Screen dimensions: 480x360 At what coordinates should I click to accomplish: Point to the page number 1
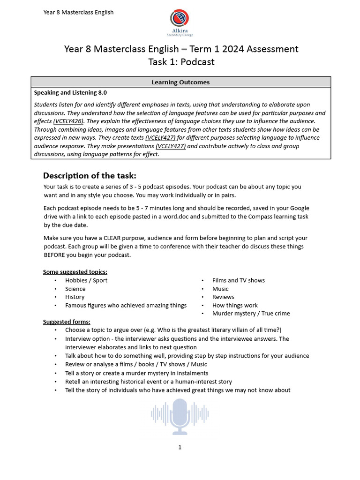(x=180, y=448)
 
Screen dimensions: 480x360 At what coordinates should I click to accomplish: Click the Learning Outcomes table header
(x=180, y=82)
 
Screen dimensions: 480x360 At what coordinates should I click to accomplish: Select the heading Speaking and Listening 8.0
(x=70, y=93)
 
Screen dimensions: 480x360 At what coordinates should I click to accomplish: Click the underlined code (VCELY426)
(x=68, y=121)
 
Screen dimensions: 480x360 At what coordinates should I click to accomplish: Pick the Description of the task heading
(x=90, y=176)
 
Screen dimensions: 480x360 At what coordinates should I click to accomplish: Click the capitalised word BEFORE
(x=55, y=255)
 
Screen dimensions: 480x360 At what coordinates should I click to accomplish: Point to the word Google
(x=298, y=208)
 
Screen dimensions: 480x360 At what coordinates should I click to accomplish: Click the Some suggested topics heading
(x=75, y=272)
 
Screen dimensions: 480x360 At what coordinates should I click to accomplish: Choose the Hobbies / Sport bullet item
(x=86, y=280)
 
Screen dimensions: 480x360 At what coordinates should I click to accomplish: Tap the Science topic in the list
(x=75, y=289)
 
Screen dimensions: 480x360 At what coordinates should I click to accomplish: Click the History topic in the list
(x=75, y=297)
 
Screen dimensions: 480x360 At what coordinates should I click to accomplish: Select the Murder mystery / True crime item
(x=251, y=314)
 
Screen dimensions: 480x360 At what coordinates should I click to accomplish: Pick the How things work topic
(x=235, y=305)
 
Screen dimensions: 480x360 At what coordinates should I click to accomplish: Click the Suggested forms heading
(x=67, y=322)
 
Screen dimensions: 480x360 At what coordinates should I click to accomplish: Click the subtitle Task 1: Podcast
(x=181, y=62)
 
